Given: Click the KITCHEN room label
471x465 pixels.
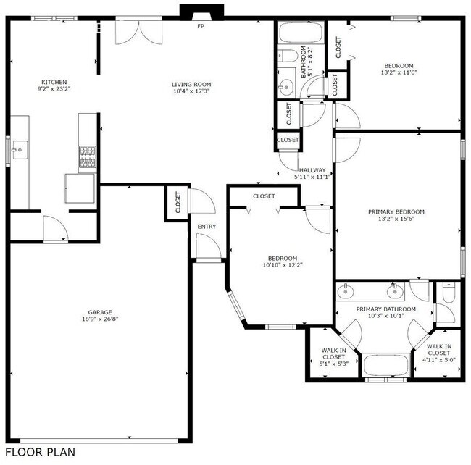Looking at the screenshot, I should coord(55,82).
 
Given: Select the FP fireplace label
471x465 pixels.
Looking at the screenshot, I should coord(200,26).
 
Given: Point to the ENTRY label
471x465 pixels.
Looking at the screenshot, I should coord(207,227).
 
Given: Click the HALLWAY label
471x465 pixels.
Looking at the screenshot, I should coord(312,170).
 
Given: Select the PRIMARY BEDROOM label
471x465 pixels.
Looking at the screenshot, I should coord(396,211).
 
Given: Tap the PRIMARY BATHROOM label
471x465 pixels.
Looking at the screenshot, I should coord(385,309).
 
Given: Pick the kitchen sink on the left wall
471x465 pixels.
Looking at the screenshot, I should coord(20,151).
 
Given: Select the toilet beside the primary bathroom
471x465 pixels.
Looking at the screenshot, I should coord(447,296).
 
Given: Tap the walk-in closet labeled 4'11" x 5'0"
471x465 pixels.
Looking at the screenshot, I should coord(437,353).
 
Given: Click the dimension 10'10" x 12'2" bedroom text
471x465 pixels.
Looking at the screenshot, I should coord(282,264).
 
